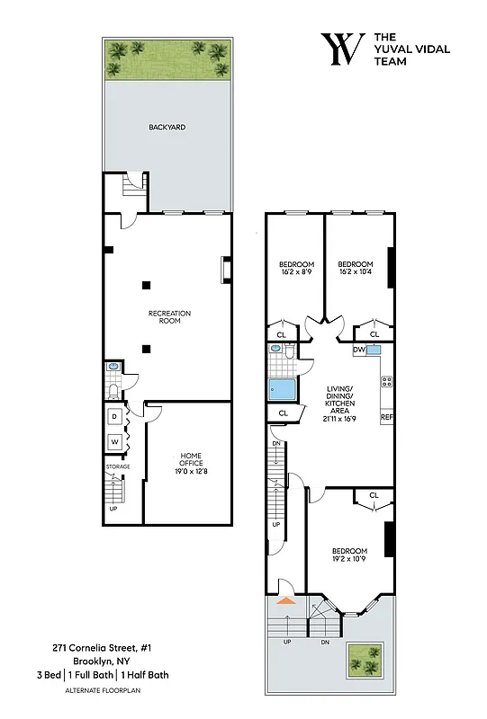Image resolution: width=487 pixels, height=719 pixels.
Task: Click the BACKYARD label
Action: (167, 128)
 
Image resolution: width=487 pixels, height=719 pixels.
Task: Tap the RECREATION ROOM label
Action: (169, 316)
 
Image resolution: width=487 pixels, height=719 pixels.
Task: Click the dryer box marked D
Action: (115, 417)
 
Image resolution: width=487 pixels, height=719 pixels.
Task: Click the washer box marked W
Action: (115, 442)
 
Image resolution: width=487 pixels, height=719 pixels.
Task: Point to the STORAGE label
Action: (118, 466)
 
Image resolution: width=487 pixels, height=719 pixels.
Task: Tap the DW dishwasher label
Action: (358, 350)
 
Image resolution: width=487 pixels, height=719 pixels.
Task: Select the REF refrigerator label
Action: (386, 418)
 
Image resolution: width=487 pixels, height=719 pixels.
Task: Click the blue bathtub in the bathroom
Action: (283, 390)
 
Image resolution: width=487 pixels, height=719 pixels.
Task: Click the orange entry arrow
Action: (285, 599)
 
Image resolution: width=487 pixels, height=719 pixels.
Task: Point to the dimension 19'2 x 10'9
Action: (349, 559)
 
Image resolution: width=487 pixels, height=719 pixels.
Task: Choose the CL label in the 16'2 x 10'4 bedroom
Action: (374, 335)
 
